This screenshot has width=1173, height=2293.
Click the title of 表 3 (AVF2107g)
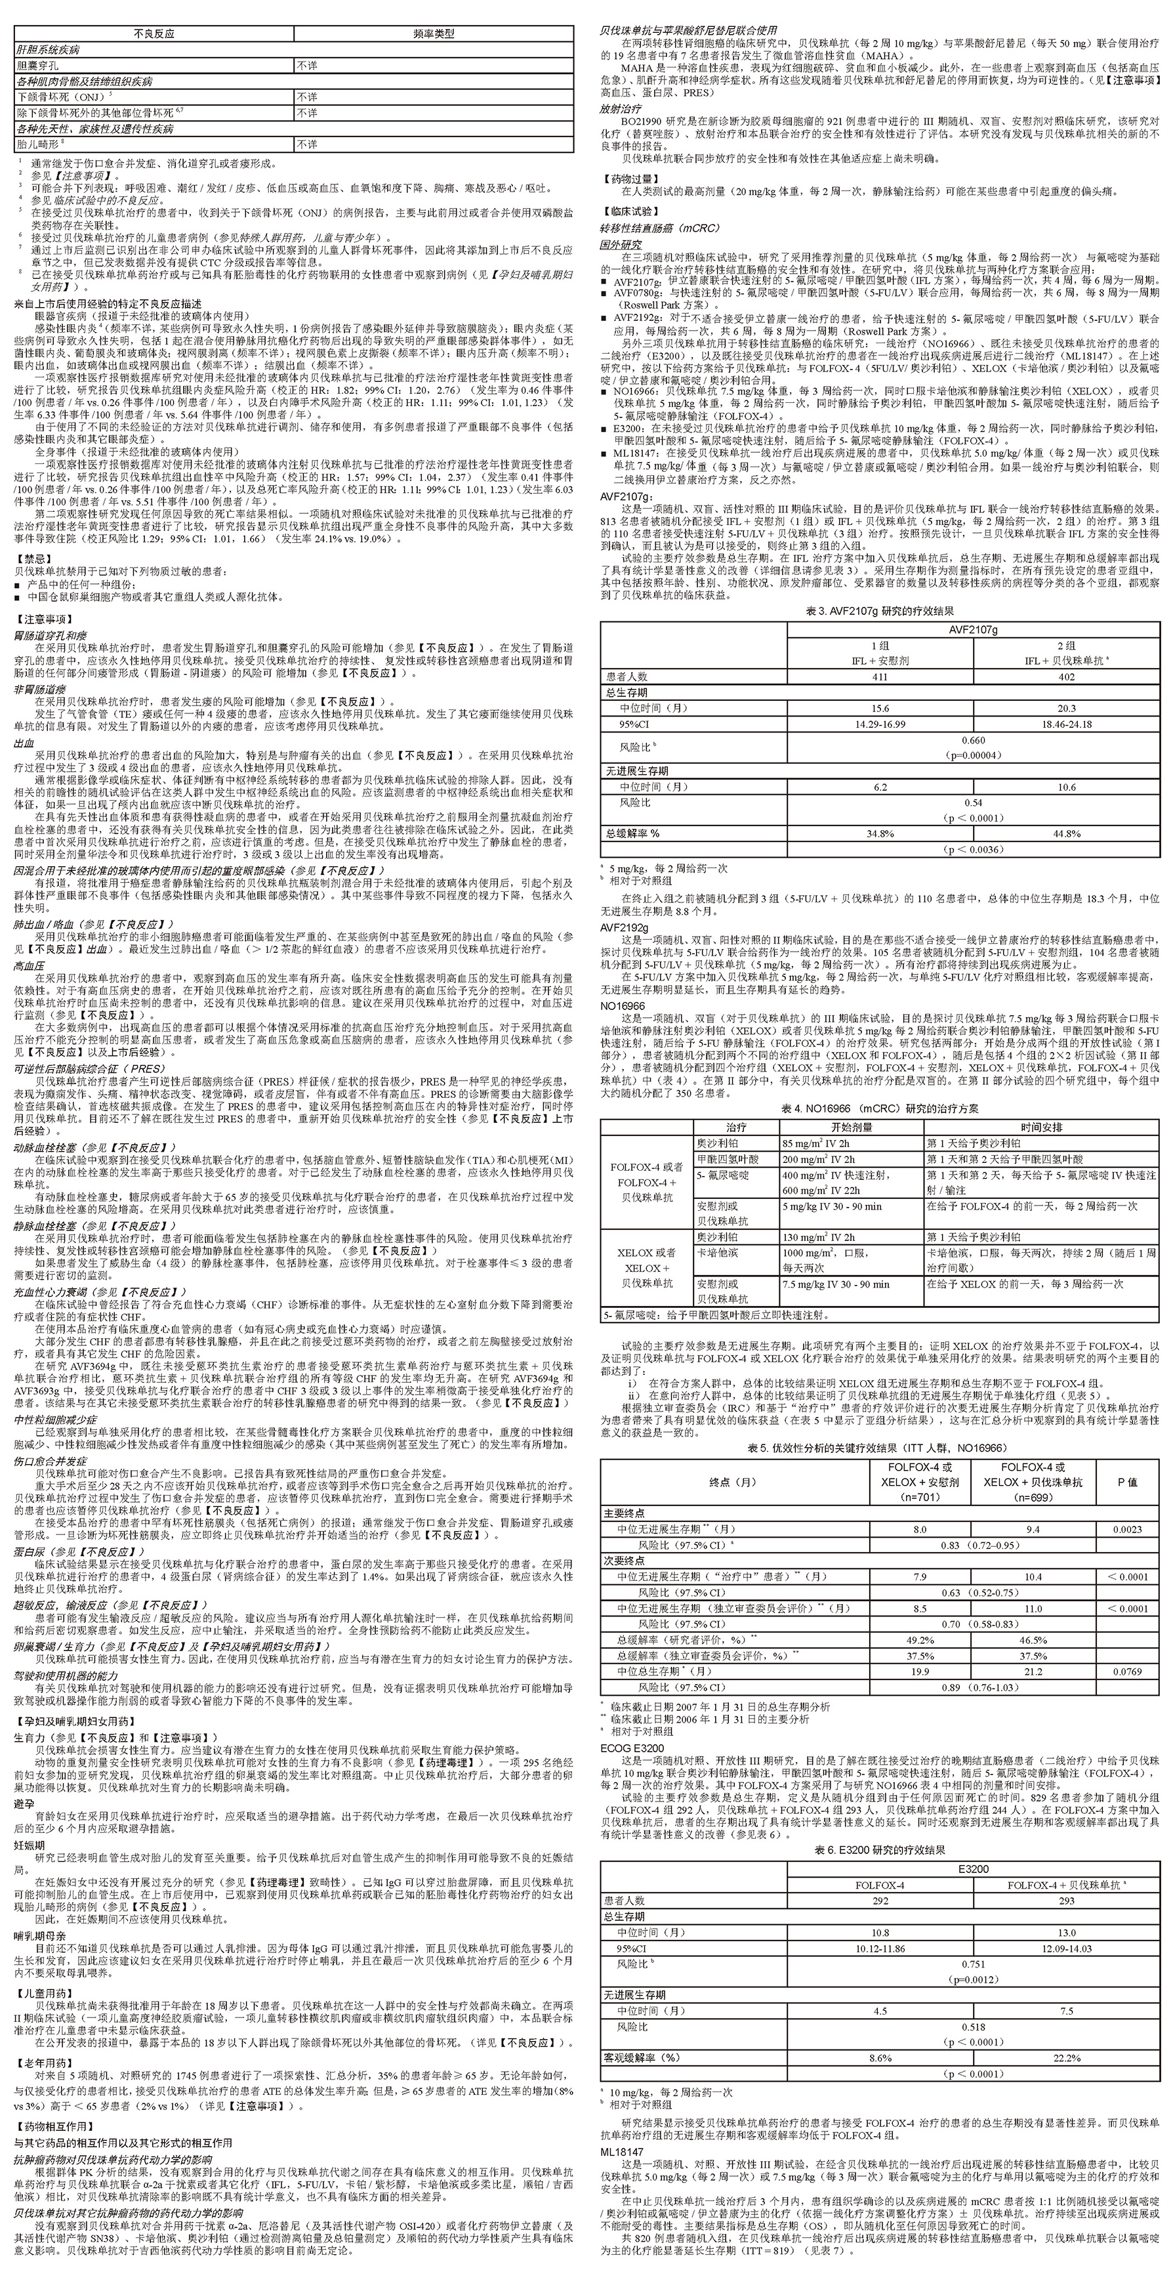click(879, 612)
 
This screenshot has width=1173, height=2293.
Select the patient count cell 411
click(879, 677)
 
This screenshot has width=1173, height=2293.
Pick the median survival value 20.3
click(1066, 709)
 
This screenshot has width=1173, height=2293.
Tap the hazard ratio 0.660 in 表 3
click(973, 740)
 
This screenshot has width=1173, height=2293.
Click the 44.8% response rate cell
click(1066, 833)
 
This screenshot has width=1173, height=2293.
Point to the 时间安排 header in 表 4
click(1041, 1127)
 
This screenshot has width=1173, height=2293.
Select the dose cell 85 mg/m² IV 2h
click(817, 1143)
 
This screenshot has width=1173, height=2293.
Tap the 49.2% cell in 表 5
click(920, 1639)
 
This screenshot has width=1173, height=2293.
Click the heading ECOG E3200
click(631, 1748)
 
